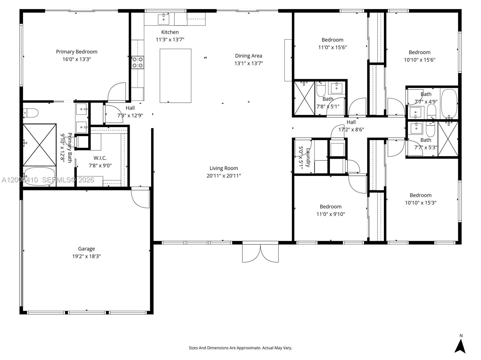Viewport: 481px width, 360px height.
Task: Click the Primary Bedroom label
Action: [x=77, y=52]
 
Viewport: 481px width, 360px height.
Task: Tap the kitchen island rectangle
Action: [x=175, y=76]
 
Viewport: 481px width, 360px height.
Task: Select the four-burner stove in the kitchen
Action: [x=137, y=62]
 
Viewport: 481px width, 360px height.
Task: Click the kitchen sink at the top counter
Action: [x=163, y=19]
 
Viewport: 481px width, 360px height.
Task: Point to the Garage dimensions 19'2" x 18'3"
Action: [x=86, y=256]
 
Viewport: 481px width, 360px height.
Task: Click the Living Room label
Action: [x=224, y=168]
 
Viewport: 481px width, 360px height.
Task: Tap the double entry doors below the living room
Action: [x=260, y=253]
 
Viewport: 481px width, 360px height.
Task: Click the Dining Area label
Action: [x=248, y=56]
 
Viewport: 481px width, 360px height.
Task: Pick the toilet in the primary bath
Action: [x=31, y=113]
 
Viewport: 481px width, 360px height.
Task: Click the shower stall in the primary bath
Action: [x=40, y=145]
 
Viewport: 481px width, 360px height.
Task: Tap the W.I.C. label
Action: [x=100, y=158]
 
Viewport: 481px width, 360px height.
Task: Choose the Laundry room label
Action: [x=308, y=157]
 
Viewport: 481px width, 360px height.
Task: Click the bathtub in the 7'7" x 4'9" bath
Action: [x=449, y=104]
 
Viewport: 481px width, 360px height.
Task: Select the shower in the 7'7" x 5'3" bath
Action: [x=448, y=139]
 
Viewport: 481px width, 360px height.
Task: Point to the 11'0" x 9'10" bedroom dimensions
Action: [x=330, y=214]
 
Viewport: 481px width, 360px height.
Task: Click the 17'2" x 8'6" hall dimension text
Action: [x=351, y=130]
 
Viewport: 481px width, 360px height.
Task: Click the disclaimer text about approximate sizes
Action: [x=240, y=348]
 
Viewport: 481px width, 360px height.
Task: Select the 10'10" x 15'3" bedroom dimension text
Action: [x=420, y=203]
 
